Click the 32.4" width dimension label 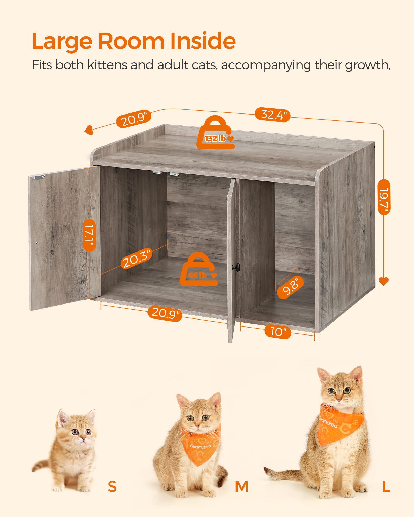click(272, 115)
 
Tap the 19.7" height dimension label click(384, 197)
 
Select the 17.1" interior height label click(90, 235)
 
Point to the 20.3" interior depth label click(136, 258)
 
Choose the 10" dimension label click(278, 331)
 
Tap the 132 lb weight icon click(215, 134)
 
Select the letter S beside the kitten click(112, 486)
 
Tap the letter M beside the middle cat click(242, 486)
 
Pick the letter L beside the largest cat click(386, 486)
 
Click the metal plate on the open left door click(38, 177)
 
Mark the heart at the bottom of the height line click(383, 281)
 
